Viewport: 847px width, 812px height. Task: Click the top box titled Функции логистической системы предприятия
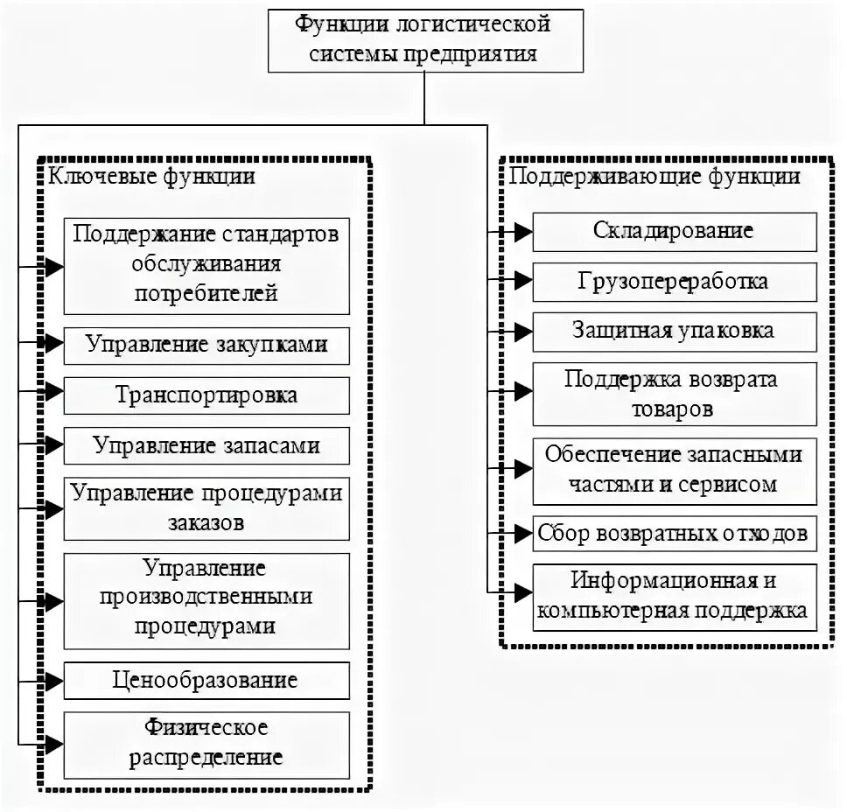tap(423, 39)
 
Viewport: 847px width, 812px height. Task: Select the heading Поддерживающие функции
tap(654, 177)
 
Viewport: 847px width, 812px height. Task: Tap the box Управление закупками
tap(206, 346)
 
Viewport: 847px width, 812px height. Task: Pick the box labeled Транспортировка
tap(206, 395)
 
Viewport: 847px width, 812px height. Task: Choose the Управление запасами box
tap(206, 446)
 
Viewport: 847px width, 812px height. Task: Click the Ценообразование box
tap(206, 680)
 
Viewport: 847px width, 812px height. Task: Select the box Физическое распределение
tap(206, 742)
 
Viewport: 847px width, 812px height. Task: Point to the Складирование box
tap(674, 232)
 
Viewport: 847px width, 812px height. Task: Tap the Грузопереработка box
tap(674, 282)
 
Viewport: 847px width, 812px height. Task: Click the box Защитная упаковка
tap(674, 332)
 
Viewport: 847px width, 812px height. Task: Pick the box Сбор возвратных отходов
tap(674, 532)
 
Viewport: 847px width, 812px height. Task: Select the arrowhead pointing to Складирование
tap(522, 232)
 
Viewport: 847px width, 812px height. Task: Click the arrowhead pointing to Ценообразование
tap(53, 680)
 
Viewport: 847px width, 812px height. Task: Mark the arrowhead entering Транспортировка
tap(53, 395)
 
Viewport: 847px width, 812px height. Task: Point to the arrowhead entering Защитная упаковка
tap(522, 332)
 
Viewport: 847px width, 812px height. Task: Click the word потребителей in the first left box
tap(206, 293)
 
